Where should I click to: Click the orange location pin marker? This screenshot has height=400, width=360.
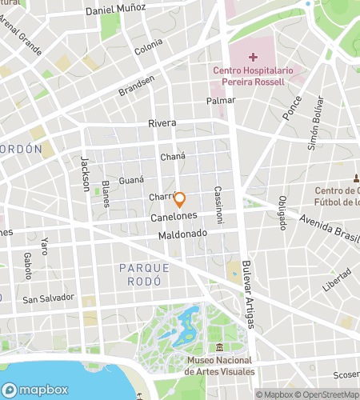(180, 200)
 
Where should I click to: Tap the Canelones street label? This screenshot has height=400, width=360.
(172, 217)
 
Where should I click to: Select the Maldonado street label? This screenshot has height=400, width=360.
(182, 234)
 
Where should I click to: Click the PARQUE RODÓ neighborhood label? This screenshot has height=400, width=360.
(140, 274)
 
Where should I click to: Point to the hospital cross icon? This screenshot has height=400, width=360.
(253, 57)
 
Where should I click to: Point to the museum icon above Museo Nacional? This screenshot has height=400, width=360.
(219, 348)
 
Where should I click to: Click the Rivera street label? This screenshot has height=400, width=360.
(162, 123)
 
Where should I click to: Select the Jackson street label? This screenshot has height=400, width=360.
(84, 172)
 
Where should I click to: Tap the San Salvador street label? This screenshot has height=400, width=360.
(48, 298)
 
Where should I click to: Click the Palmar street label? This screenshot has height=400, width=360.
(220, 101)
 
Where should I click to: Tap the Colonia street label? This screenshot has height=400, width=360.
(148, 47)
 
